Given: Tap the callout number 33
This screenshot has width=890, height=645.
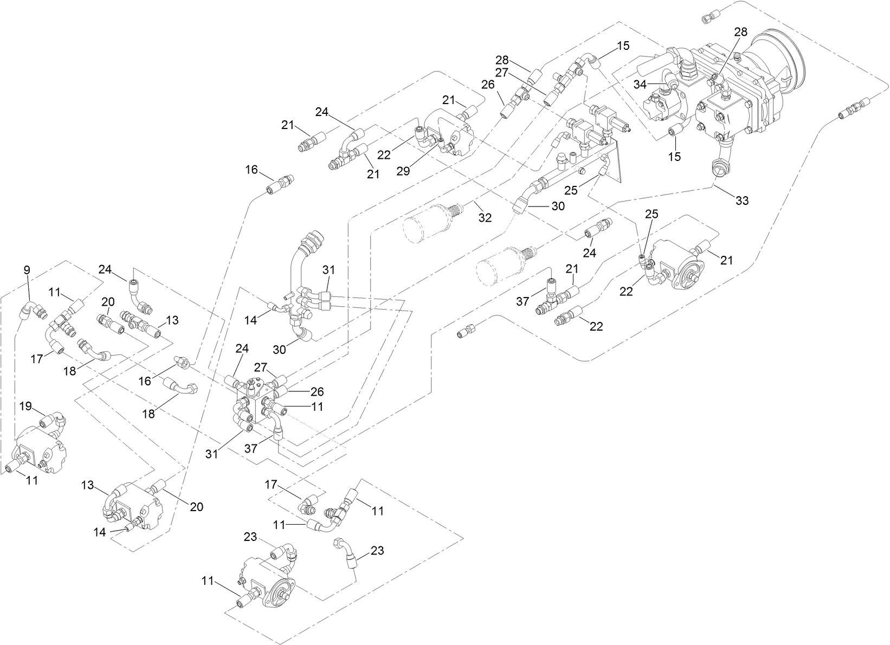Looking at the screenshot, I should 742,201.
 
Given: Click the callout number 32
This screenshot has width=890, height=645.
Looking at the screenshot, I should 485,217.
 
